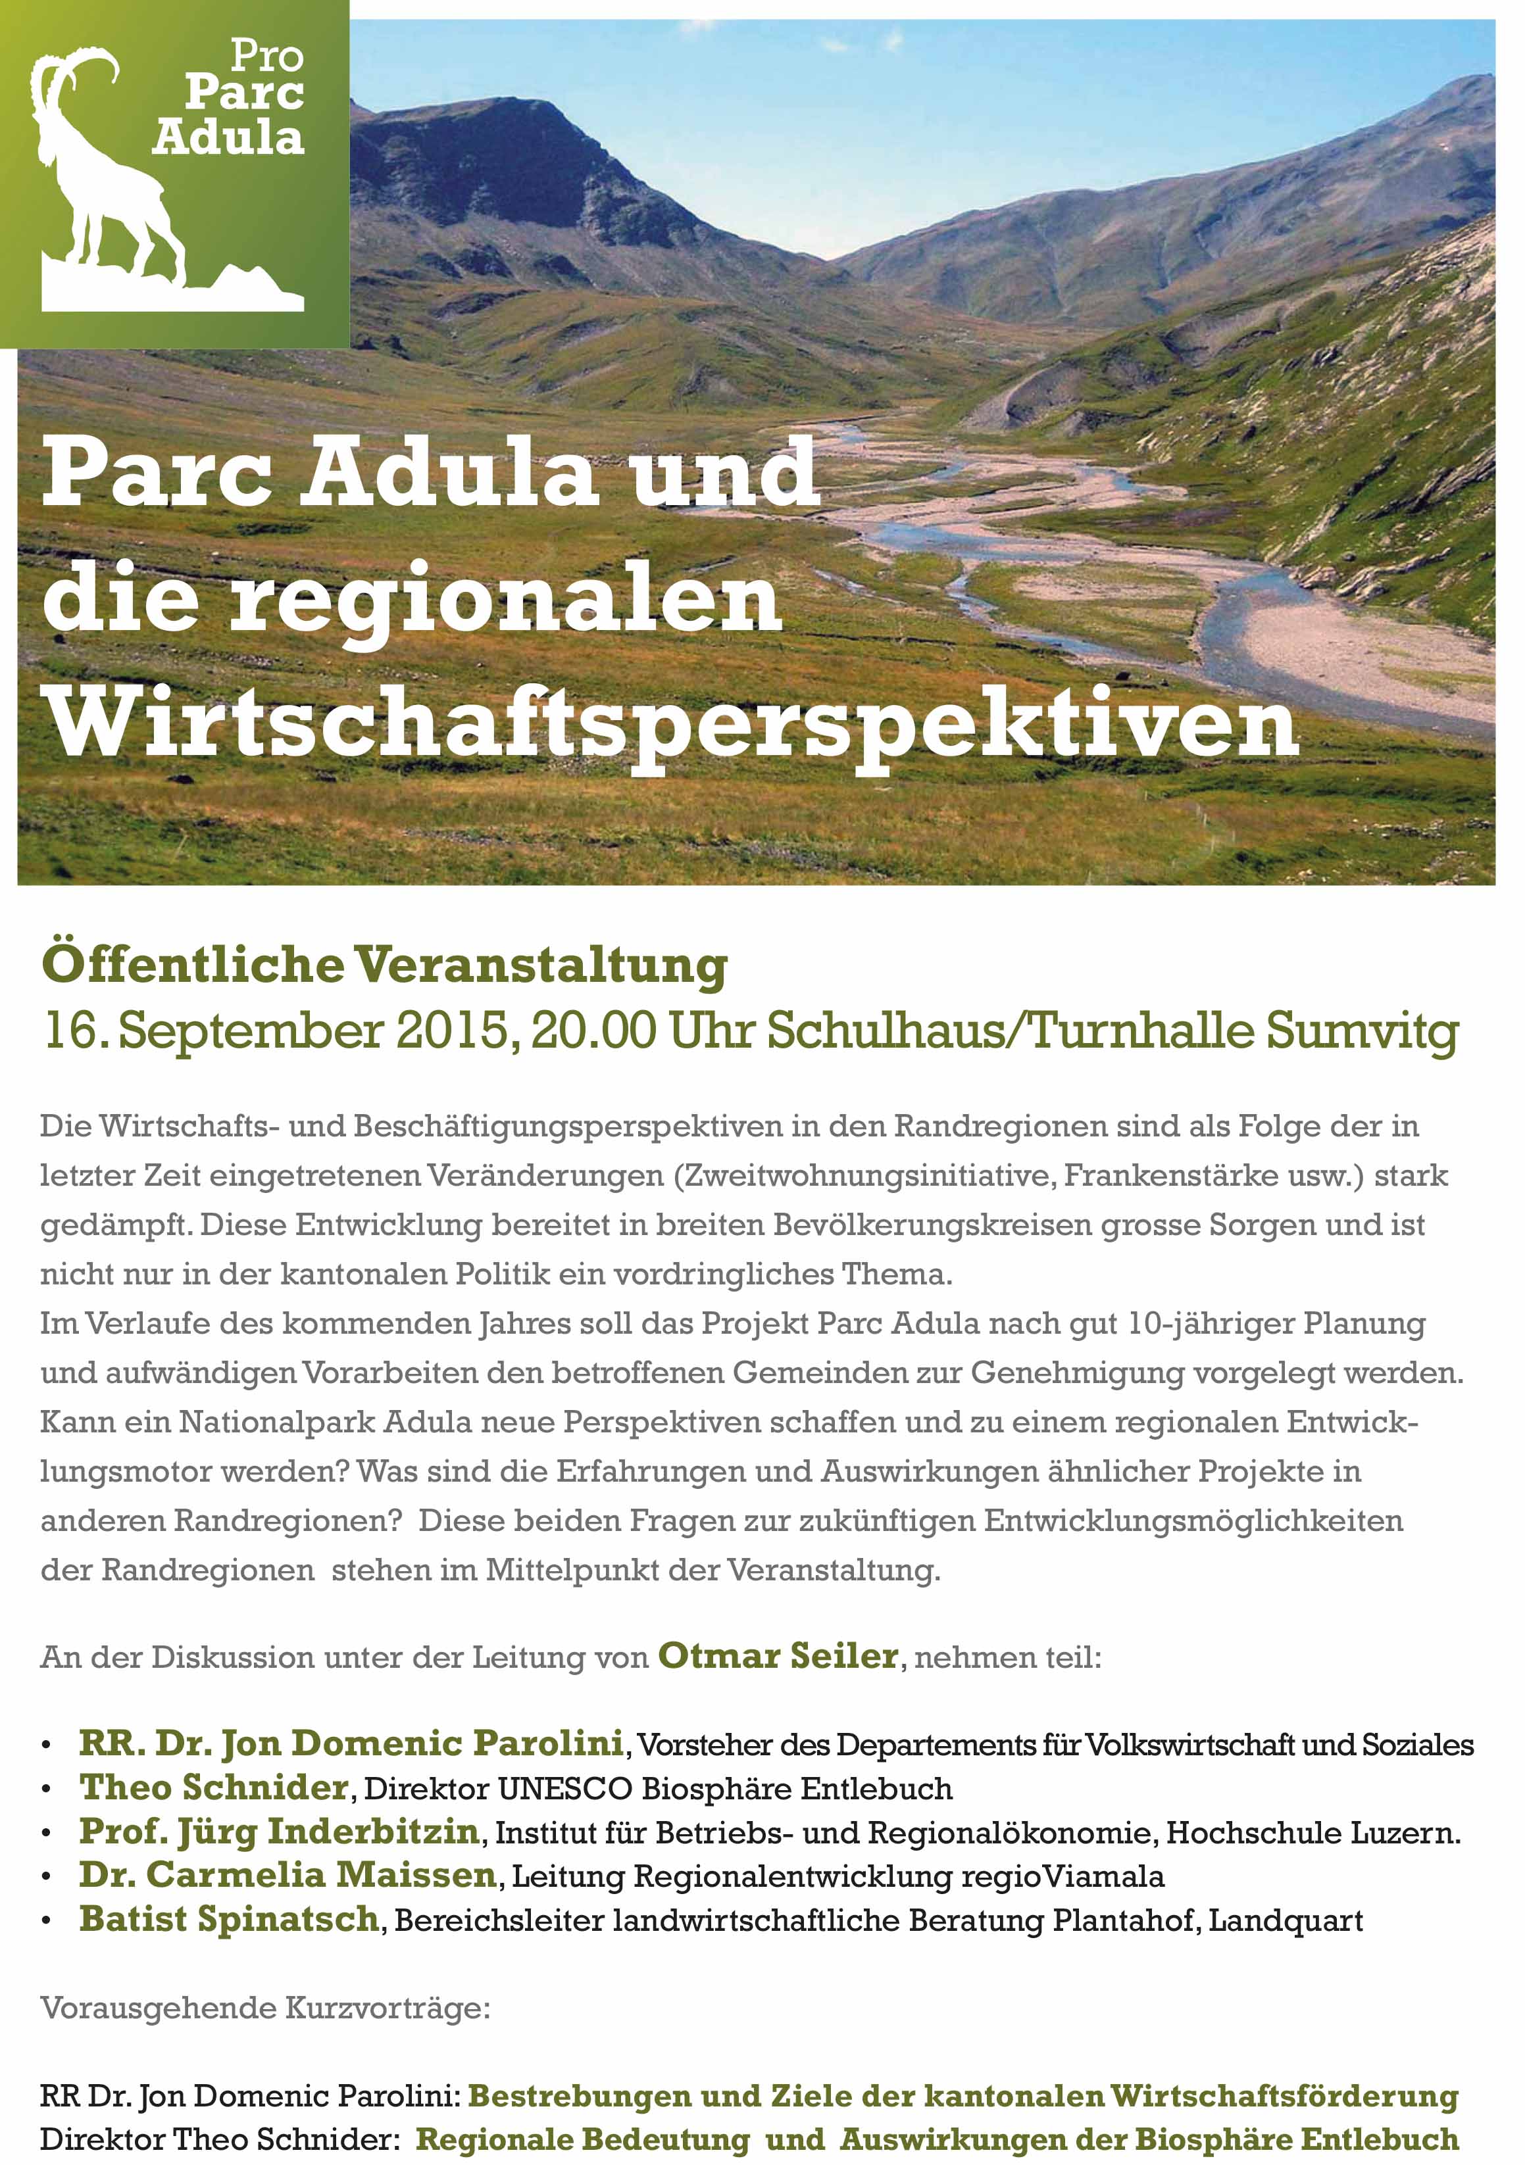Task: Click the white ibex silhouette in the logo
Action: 104,179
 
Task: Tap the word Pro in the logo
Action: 267,57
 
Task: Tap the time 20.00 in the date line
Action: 593,1031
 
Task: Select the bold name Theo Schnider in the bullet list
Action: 214,1787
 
